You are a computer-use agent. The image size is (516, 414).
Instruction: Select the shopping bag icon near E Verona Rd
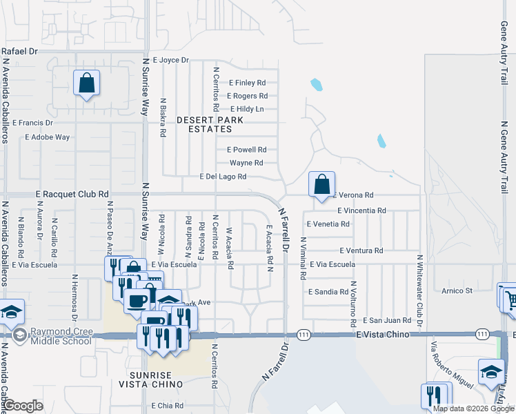point(321,185)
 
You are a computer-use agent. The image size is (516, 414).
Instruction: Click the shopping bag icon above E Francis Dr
point(86,83)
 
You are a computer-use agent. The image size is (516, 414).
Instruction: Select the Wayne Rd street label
point(246,163)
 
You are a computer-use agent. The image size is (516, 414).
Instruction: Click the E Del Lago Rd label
point(223,177)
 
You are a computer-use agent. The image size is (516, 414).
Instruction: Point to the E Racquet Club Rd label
point(72,195)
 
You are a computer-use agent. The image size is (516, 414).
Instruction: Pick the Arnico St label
point(457,291)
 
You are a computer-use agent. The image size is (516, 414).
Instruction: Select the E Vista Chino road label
point(384,334)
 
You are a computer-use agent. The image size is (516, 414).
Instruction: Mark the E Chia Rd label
point(168,406)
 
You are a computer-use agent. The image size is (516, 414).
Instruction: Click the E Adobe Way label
point(48,137)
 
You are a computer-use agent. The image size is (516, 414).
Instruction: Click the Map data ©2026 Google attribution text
point(473,408)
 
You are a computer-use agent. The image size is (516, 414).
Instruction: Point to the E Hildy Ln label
point(247,109)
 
